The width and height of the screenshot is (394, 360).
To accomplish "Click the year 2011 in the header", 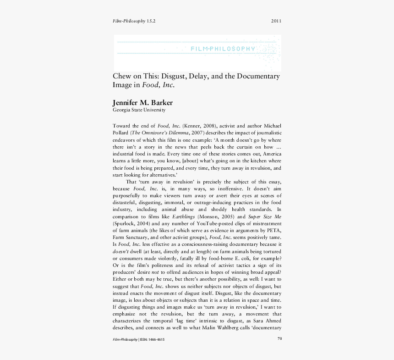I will pyautogui.click(x=276, y=21).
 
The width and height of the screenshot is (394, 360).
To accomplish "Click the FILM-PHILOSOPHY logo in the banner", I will pyautogui.click(x=223, y=49).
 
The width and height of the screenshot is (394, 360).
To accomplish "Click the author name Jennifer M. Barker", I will pyautogui.click(x=142, y=102).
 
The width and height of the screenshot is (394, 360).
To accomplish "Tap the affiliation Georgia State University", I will pyautogui.click(x=139, y=110).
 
